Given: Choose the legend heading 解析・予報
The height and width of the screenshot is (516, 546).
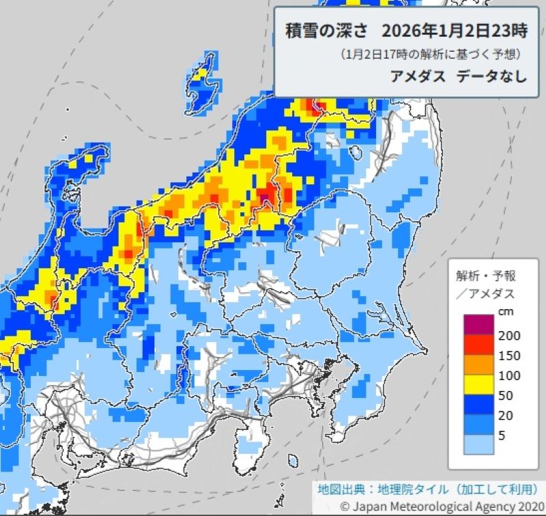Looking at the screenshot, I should (486, 276).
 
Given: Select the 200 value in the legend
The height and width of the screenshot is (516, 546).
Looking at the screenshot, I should (508, 335).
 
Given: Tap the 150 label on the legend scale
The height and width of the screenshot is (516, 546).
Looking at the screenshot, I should (508, 356).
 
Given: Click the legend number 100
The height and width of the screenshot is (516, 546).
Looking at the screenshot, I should (508, 375).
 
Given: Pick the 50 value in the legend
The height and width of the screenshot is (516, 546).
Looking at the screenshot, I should (506, 395).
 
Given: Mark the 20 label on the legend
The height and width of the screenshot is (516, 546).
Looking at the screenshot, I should (506, 415).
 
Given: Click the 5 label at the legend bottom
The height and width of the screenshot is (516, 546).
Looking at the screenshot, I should (503, 435).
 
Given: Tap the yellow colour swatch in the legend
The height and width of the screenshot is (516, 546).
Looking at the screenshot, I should (476, 386).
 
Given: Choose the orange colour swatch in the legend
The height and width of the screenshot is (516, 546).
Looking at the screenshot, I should (476, 366).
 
